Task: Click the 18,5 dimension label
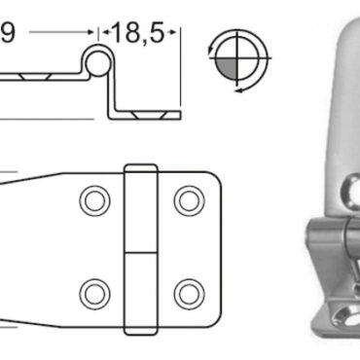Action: tap(138, 33)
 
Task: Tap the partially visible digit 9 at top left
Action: tap(7, 33)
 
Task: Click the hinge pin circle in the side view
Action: tap(97, 62)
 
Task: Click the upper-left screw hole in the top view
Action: tap(94, 201)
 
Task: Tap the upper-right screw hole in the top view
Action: tap(190, 201)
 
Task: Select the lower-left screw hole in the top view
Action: tap(94, 294)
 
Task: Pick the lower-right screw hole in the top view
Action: tap(190, 294)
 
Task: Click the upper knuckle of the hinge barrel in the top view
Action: tap(141, 208)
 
